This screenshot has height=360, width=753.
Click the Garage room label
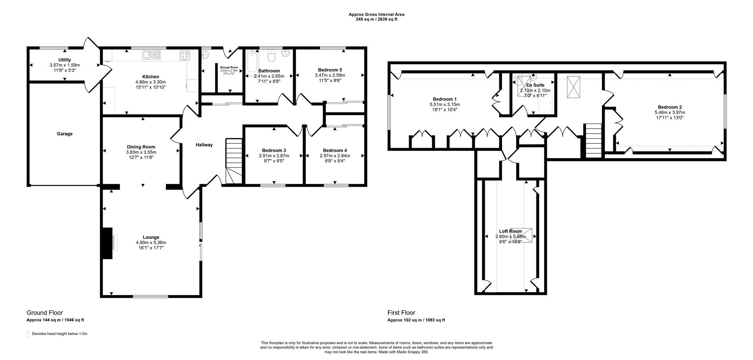[64, 134]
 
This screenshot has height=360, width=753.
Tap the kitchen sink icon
[151, 55]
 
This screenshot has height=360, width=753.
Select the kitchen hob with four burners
[185, 55]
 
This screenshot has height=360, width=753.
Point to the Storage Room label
[229, 67]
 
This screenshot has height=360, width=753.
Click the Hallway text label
[204, 145]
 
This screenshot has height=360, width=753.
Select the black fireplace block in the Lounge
[107, 243]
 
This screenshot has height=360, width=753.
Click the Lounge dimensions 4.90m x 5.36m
[151, 242]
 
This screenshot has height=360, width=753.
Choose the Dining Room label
[141, 147]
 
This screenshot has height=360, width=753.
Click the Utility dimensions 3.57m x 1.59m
[65, 65]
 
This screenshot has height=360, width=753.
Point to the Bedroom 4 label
[335, 150]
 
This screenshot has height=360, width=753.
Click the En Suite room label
[535, 85]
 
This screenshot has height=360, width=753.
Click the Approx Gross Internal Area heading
[376, 14]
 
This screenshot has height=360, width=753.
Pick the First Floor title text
[401, 313]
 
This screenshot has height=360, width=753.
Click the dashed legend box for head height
[28, 334]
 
